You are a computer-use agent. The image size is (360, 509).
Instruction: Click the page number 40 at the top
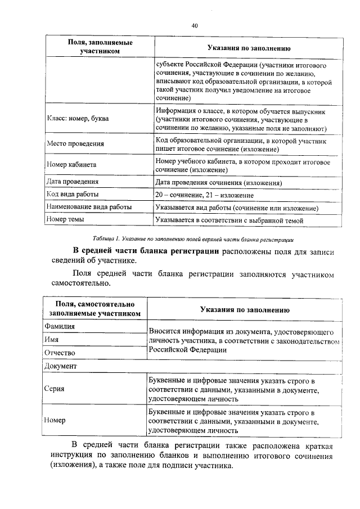tap(195, 25)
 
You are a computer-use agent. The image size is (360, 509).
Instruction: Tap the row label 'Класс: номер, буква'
tap(78, 119)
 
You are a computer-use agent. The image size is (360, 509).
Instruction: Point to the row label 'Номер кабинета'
tap(71, 165)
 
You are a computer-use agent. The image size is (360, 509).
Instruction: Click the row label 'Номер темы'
tap(65, 220)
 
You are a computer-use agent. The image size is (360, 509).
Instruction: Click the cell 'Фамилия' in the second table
tap(60, 326)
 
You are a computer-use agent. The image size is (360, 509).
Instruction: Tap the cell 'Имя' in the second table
tap(52, 340)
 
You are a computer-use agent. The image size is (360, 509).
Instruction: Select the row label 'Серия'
tap(55, 389)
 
